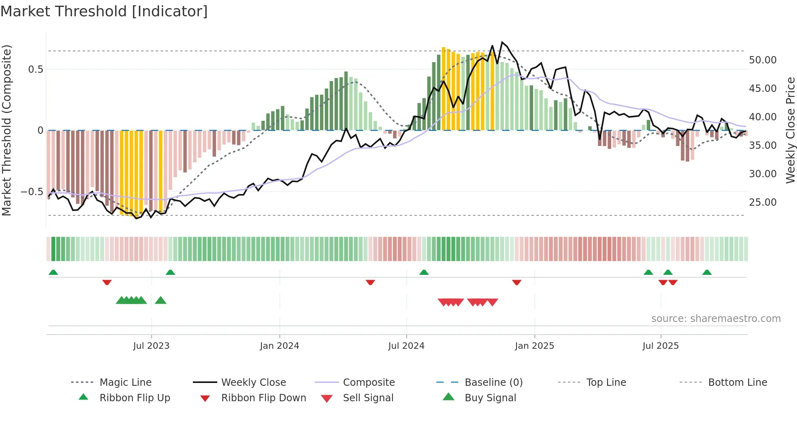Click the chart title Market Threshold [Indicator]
click(x=104, y=11)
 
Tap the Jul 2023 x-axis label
click(x=151, y=346)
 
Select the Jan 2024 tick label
click(x=279, y=346)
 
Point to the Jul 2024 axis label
click(x=406, y=346)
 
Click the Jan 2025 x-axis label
click(x=534, y=346)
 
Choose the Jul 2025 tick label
click(x=661, y=346)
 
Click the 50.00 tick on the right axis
click(x=762, y=60)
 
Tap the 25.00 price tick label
click(x=762, y=202)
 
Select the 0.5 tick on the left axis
click(x=35, y=70)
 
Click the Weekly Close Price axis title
click(x=790, y=130)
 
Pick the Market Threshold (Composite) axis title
click(x=7, y=130)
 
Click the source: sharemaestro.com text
click(x=716, y=319)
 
